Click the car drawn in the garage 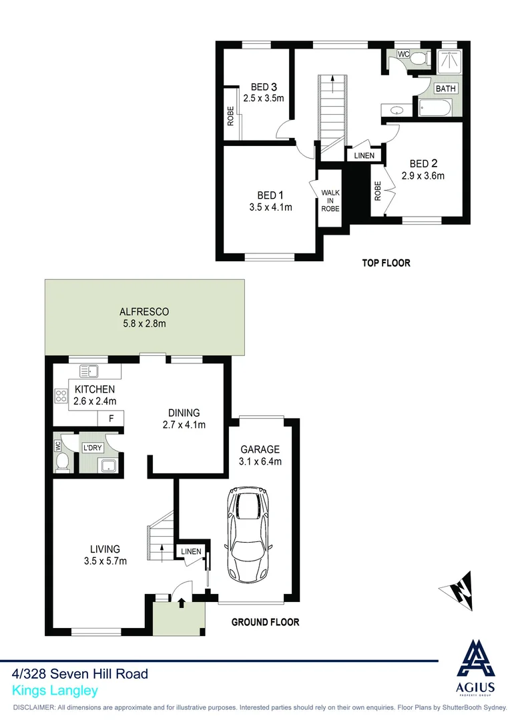[250, 534]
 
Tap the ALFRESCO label [144, 311]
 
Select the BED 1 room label [268, 195]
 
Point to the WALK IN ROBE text [330, 201]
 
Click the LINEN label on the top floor [364, 155]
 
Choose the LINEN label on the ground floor [190, 551]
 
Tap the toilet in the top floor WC [419, 59]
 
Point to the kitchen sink [89, 371]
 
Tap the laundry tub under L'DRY [107, 465]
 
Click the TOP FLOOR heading [386, 263]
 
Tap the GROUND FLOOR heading [265, 622]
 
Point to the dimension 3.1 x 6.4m [261, 461]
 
